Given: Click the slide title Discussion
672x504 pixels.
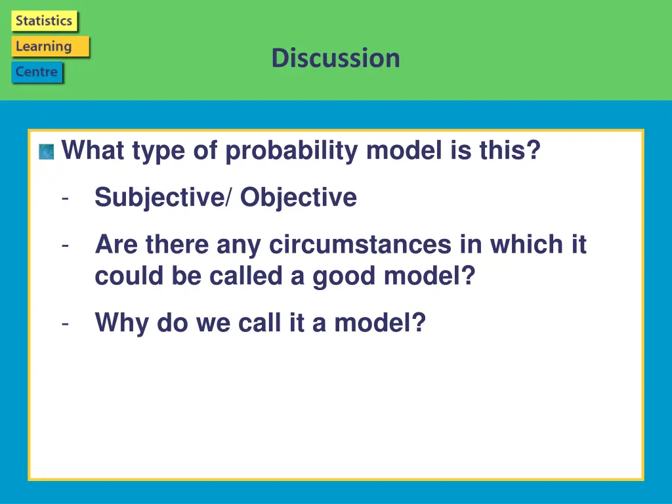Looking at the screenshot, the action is pyautogui.click(x=336, y=58).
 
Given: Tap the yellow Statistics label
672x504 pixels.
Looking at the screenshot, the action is pyautogui.click(x=44, y=20).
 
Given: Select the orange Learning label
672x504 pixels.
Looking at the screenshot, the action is pyautogui.click(x=50, y=47).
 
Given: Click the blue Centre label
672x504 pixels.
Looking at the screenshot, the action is pyautogui.click(x=37, y=72).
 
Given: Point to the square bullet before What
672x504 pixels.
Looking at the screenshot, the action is pyautogui.click(x=47, y=152).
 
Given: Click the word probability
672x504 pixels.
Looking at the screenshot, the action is pyautogui.click(x=291, y=151).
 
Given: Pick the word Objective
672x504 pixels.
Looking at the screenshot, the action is pyautogui.click(x=299, y=197).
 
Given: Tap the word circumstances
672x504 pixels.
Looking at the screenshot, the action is pyautogui.click(x=360, y=244).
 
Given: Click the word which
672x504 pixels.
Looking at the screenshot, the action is pyautogui.click(x=526, y=244).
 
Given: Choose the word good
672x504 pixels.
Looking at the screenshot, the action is pyautogui.click(x=344, y=276).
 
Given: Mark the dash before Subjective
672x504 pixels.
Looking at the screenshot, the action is pyautogui.click(x=65, y=198).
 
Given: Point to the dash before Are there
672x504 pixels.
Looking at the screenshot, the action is pyautogui.click(x=65, y=245).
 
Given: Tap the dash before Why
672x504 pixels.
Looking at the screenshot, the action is pyautogui.click(x=65, y=324).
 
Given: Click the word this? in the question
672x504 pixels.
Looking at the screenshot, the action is pyautogui.click(x=510, y=150).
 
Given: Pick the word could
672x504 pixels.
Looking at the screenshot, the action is pyautogui.click(x=129, y=276).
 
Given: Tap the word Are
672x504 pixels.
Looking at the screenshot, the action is pyautogui.click(x=116, y=244).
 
